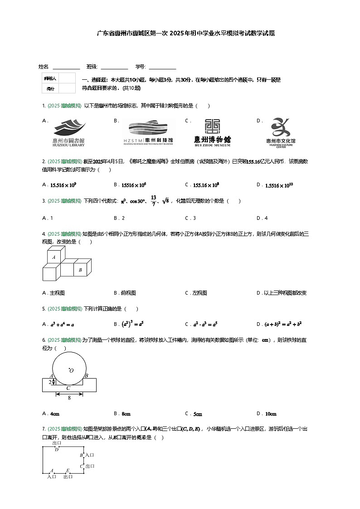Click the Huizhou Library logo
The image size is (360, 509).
(x=68, y=132)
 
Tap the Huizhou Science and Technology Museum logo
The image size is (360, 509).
(x=148, y=132)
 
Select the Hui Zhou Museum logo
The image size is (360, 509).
(x=212, y=132)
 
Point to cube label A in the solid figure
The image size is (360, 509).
(x=54, y=257)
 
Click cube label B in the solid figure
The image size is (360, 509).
(x=80, y=270)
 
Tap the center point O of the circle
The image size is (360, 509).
(x=71, y=371)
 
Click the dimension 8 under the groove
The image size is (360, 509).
(x=69, y=398)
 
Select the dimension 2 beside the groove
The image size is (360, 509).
(x=50, y=382)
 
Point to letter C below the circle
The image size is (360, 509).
(x=68, y=388)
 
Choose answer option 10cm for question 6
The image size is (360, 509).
(x=271, y=413)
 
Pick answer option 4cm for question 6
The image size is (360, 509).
(x=54, y=413)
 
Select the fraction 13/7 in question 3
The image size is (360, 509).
(x=154, y=201)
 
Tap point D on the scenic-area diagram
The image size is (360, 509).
(x=57, y=449)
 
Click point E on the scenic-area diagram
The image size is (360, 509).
(x=68, y=470)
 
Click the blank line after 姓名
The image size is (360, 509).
(x=66, y=67)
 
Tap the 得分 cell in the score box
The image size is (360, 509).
(x=50, y=88)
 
